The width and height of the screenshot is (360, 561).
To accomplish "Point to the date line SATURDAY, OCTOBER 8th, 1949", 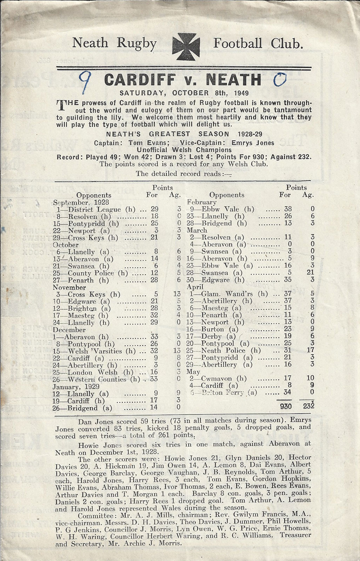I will click(x=184, y=93).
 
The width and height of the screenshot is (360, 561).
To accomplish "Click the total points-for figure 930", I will click(x=286, y=406).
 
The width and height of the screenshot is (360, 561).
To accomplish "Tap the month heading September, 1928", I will click(x=81, y=202).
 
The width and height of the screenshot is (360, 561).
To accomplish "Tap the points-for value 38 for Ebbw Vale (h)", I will click(x=287, y=209).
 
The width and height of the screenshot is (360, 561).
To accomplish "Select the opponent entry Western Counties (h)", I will click(x=102, y=379).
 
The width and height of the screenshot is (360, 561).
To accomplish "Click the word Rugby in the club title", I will click(x=136, y=43).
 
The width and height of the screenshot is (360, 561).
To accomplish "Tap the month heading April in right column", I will click(x=194, y=287).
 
